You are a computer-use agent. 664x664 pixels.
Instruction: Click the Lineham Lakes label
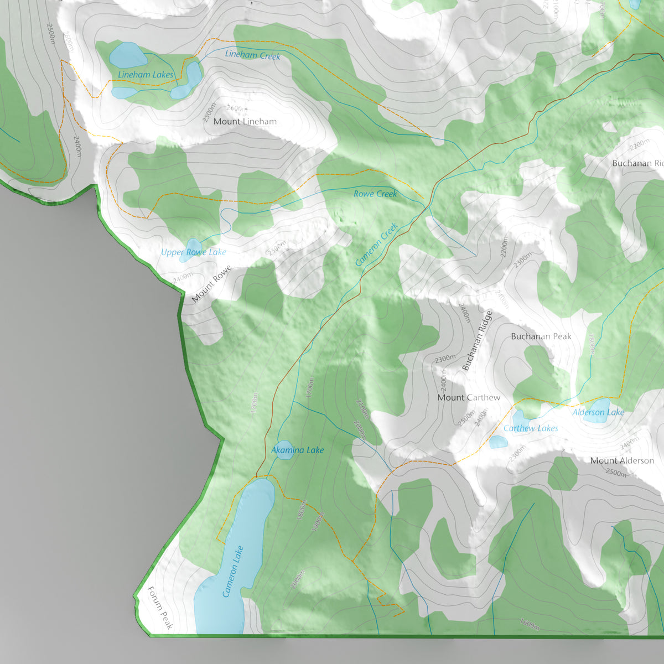[146, 75]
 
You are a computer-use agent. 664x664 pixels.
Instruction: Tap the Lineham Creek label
[252, 55]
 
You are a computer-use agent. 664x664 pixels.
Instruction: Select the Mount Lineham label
[245, 121]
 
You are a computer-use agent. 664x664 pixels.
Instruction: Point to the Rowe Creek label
[375, 194]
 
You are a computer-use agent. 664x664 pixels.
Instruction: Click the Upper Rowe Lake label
[193, 252]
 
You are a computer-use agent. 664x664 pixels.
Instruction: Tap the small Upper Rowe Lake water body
[194, 246]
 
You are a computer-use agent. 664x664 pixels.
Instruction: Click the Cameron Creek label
[377, 244]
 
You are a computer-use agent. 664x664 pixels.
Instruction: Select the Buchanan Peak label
[541, 336]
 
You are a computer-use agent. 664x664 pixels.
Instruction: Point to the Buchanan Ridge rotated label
[477, 341]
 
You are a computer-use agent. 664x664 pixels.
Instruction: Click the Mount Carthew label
[468, 397]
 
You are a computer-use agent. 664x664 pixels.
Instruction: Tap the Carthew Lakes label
[530, 428]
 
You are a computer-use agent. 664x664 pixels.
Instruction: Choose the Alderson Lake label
[598, 412]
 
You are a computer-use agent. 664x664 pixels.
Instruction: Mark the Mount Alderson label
[621, 460]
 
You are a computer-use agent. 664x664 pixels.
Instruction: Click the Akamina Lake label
[297, 450]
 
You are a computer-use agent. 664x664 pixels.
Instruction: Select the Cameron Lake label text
[233, 572]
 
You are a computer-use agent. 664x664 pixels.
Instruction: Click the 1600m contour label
[530, 624]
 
